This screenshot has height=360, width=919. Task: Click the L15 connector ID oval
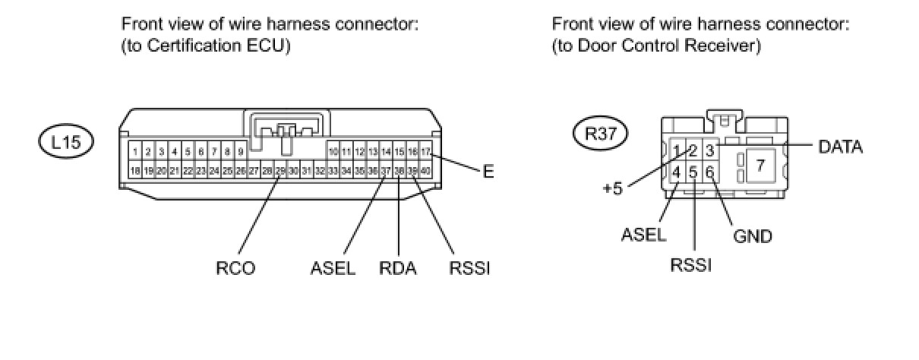coord(66,142)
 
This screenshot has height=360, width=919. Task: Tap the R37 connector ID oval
coord(600,134)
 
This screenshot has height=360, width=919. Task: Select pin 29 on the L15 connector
coord(280,171)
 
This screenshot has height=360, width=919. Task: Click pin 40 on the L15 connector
coord(425,171)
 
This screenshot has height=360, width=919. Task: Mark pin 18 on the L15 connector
coord(135,171)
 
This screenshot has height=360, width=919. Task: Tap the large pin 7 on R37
coord(760,164)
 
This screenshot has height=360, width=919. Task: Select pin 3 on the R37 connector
coord(709,150)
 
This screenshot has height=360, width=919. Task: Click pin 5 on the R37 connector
coord(693,172)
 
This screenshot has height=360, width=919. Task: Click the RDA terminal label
coord(398,268)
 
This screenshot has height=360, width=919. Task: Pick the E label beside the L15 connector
coord(488,172)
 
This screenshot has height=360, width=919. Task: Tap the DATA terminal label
coord(840,147)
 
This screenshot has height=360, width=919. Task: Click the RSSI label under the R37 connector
coord(690,266)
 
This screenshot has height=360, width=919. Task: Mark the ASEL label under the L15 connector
coord(333,268)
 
